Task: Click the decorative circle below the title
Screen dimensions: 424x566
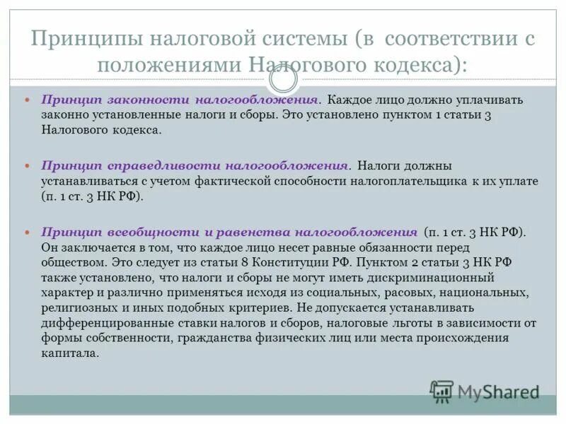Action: click(283, 80)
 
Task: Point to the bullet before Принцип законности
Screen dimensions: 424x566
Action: click(29, 100)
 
